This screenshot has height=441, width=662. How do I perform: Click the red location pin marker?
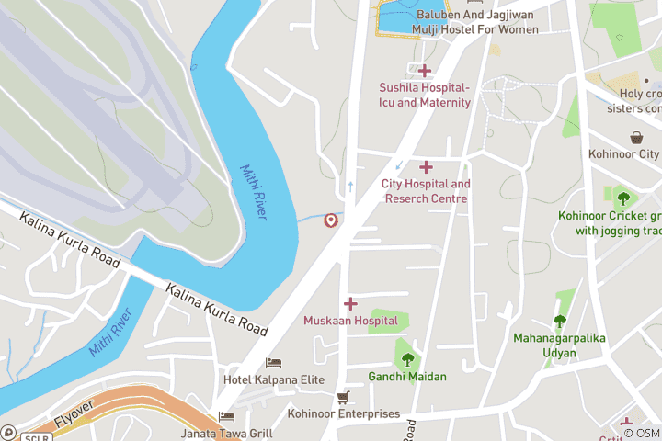pyautogui.click(x=330, y=220)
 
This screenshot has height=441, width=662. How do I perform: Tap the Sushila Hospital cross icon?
pyautogui.click(x=425, y=71)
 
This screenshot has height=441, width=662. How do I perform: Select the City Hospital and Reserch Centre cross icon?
pyautogui.click(x=426, y=166)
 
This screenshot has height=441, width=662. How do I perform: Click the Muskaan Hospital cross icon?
pyautogui.click(x=350, y=303)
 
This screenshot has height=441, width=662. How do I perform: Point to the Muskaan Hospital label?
pyautogui.click(x=350, y=321)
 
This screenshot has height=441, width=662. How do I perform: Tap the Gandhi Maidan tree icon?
pyautogui.click(x=407, y=359)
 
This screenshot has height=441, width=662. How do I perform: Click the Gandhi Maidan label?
pyautogui.click(x=407, y=377)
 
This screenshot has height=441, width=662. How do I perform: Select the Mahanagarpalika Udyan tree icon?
pyautogui.click(x=559, y=321)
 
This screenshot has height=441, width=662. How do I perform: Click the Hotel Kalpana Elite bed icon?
pyautogui.click(x=273, y=363)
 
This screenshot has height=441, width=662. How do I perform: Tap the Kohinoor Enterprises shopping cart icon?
pyautogui.click(x=343, y=398)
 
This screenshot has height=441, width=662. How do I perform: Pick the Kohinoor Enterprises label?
pyautogui.click(x=343, y=414)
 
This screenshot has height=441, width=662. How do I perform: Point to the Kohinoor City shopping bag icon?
pyautogui.click(x=636, y=138)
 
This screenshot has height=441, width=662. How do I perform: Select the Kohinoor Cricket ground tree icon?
pyautogui.click(x=623, y=198)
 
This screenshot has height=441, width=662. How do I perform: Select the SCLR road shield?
pyautogui.click(x=35, y=436)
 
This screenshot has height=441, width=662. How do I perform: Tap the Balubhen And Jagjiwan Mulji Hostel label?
pyautogui.click(x=477, y=22)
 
